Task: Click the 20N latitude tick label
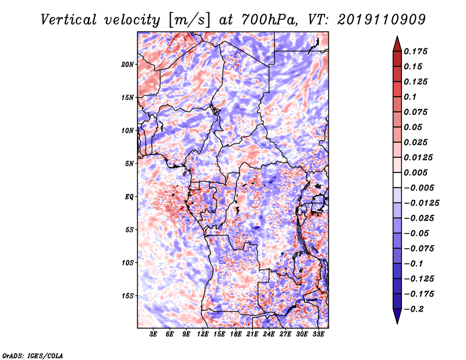[128, 64]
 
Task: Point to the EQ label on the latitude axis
[129, 196]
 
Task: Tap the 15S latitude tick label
[128, 295]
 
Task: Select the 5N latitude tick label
[129, 163]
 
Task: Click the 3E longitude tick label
[154, 334]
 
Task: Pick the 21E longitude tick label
[252, 334]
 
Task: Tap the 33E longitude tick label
[318, 334]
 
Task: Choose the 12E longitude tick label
[203, 334]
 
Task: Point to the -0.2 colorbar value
[418, 309]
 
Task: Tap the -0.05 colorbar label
[418, 233]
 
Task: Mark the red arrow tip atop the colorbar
[396, 38]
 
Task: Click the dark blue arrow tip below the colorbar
[396, 320]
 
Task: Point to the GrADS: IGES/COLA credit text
[33, 355]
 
